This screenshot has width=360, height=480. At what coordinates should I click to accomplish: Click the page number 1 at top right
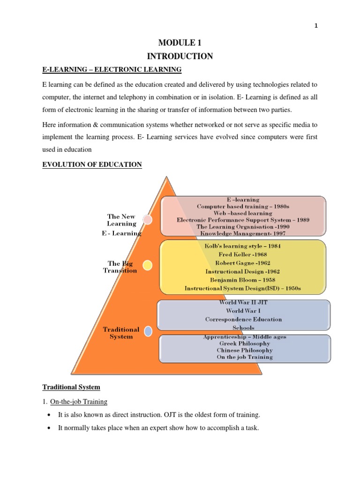click(316, 26)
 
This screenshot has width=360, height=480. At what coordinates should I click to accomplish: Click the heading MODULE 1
click(180, 43)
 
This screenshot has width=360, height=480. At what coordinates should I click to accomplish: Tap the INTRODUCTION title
click(180, 57)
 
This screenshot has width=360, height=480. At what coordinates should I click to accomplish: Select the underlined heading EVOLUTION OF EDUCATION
click(92, 165)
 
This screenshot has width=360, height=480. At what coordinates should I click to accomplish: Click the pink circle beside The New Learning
click(147, 220)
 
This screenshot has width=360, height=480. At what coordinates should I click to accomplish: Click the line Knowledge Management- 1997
click(243, 233)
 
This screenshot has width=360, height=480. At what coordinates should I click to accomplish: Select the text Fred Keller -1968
click(243, 255)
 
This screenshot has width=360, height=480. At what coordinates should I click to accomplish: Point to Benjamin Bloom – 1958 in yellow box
click(243, 280)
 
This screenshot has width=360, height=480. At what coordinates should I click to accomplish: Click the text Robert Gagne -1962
click(243, 263)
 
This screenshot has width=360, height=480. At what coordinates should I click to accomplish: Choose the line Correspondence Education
click(243, 319)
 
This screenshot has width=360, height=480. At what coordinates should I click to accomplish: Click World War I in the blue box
click(243, 311)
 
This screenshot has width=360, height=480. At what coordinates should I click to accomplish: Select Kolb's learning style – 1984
click(243, 246)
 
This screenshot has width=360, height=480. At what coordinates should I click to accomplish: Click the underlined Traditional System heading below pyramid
click(71, 387)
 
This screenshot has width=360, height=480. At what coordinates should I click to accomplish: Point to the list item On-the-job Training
click(82, 401)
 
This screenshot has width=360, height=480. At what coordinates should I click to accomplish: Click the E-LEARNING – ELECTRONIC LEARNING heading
click(112, 70)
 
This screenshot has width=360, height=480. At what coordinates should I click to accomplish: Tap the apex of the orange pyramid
click(165, 177)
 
